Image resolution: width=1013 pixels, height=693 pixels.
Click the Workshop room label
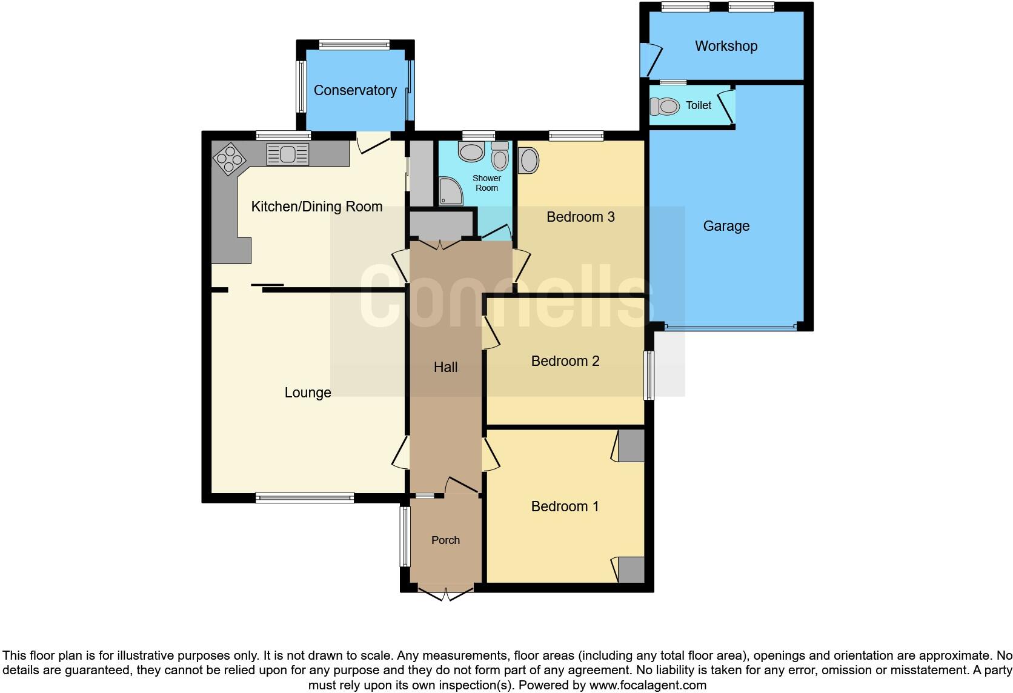pos(726,46)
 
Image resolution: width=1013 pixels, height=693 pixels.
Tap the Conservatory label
pos(355,90)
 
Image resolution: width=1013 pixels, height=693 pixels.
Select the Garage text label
pos(726,226)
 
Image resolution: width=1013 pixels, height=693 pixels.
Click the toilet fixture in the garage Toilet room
pos(665,107)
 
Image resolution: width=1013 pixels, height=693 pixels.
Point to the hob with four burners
pos(230,158)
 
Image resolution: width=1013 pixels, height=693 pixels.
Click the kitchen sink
pos(288,154)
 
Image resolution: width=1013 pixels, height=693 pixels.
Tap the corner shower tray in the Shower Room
pos(450,190)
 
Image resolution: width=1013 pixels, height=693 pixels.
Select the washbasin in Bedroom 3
pos(529,161)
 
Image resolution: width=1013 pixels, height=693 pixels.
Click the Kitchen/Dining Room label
pos(317,207)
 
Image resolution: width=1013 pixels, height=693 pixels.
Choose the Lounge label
pos(308,393)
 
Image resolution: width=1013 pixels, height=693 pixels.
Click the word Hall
pos(445,367)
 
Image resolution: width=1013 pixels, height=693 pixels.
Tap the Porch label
pos(445,540)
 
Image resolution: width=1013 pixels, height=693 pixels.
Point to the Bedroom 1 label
pos(565,506)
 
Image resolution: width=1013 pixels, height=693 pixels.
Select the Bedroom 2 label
pos(565,361)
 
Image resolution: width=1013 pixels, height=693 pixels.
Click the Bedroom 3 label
pos(580,217)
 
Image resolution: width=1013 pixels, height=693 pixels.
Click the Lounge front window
pos(305,498)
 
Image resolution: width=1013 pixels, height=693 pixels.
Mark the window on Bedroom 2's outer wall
pos(649,375)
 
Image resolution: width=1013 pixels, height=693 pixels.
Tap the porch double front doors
pos(445,592)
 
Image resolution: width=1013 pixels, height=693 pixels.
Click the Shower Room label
pos(487,183)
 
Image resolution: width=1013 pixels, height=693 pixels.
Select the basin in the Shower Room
pos(471,151)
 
